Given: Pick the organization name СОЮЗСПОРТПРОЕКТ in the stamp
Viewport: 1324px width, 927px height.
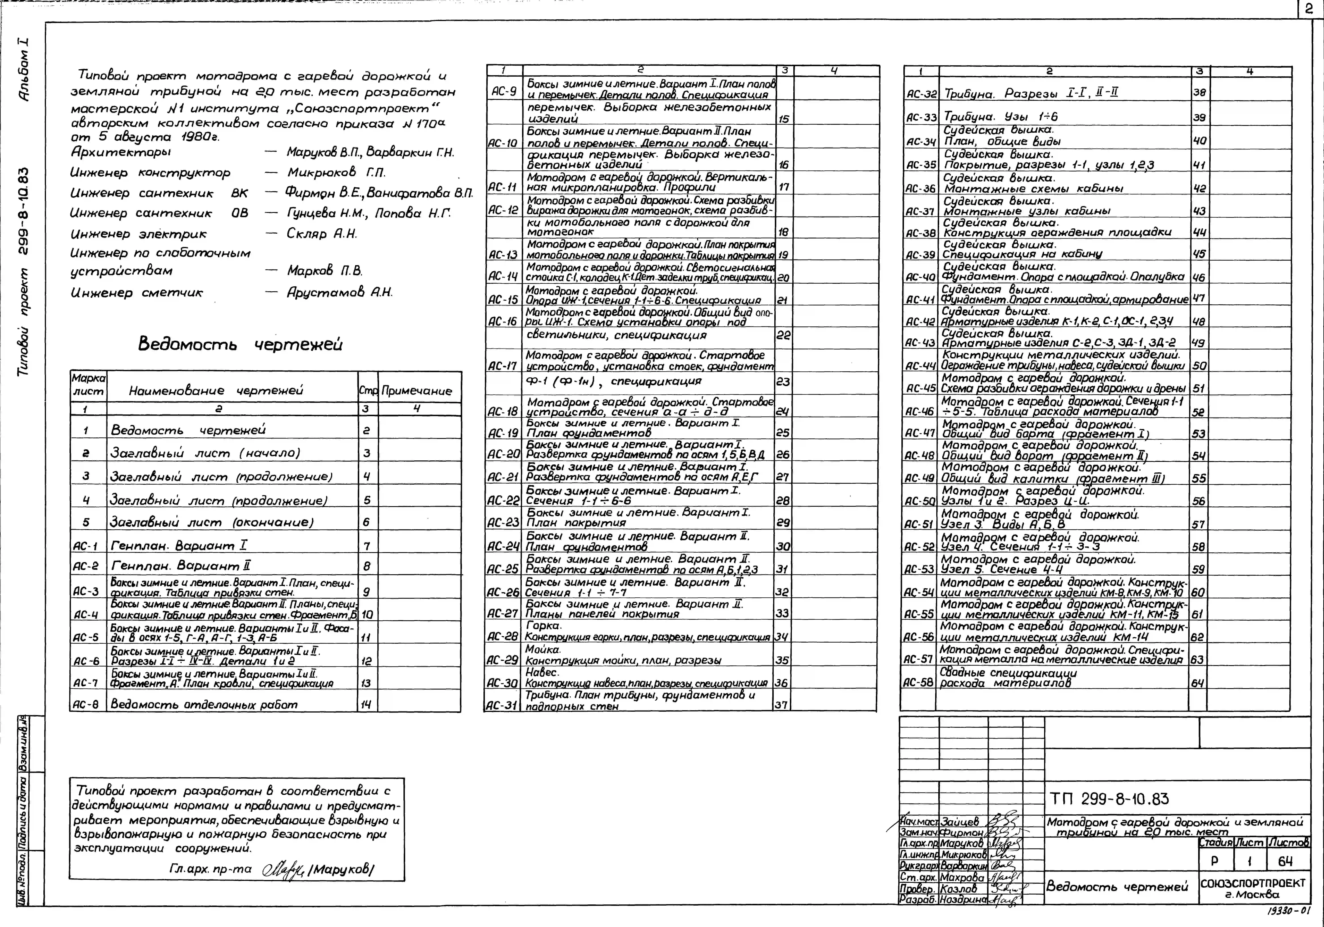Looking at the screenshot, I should tap(1253, 883).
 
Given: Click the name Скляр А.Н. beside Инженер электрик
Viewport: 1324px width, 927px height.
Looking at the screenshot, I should tap(322, 234).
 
